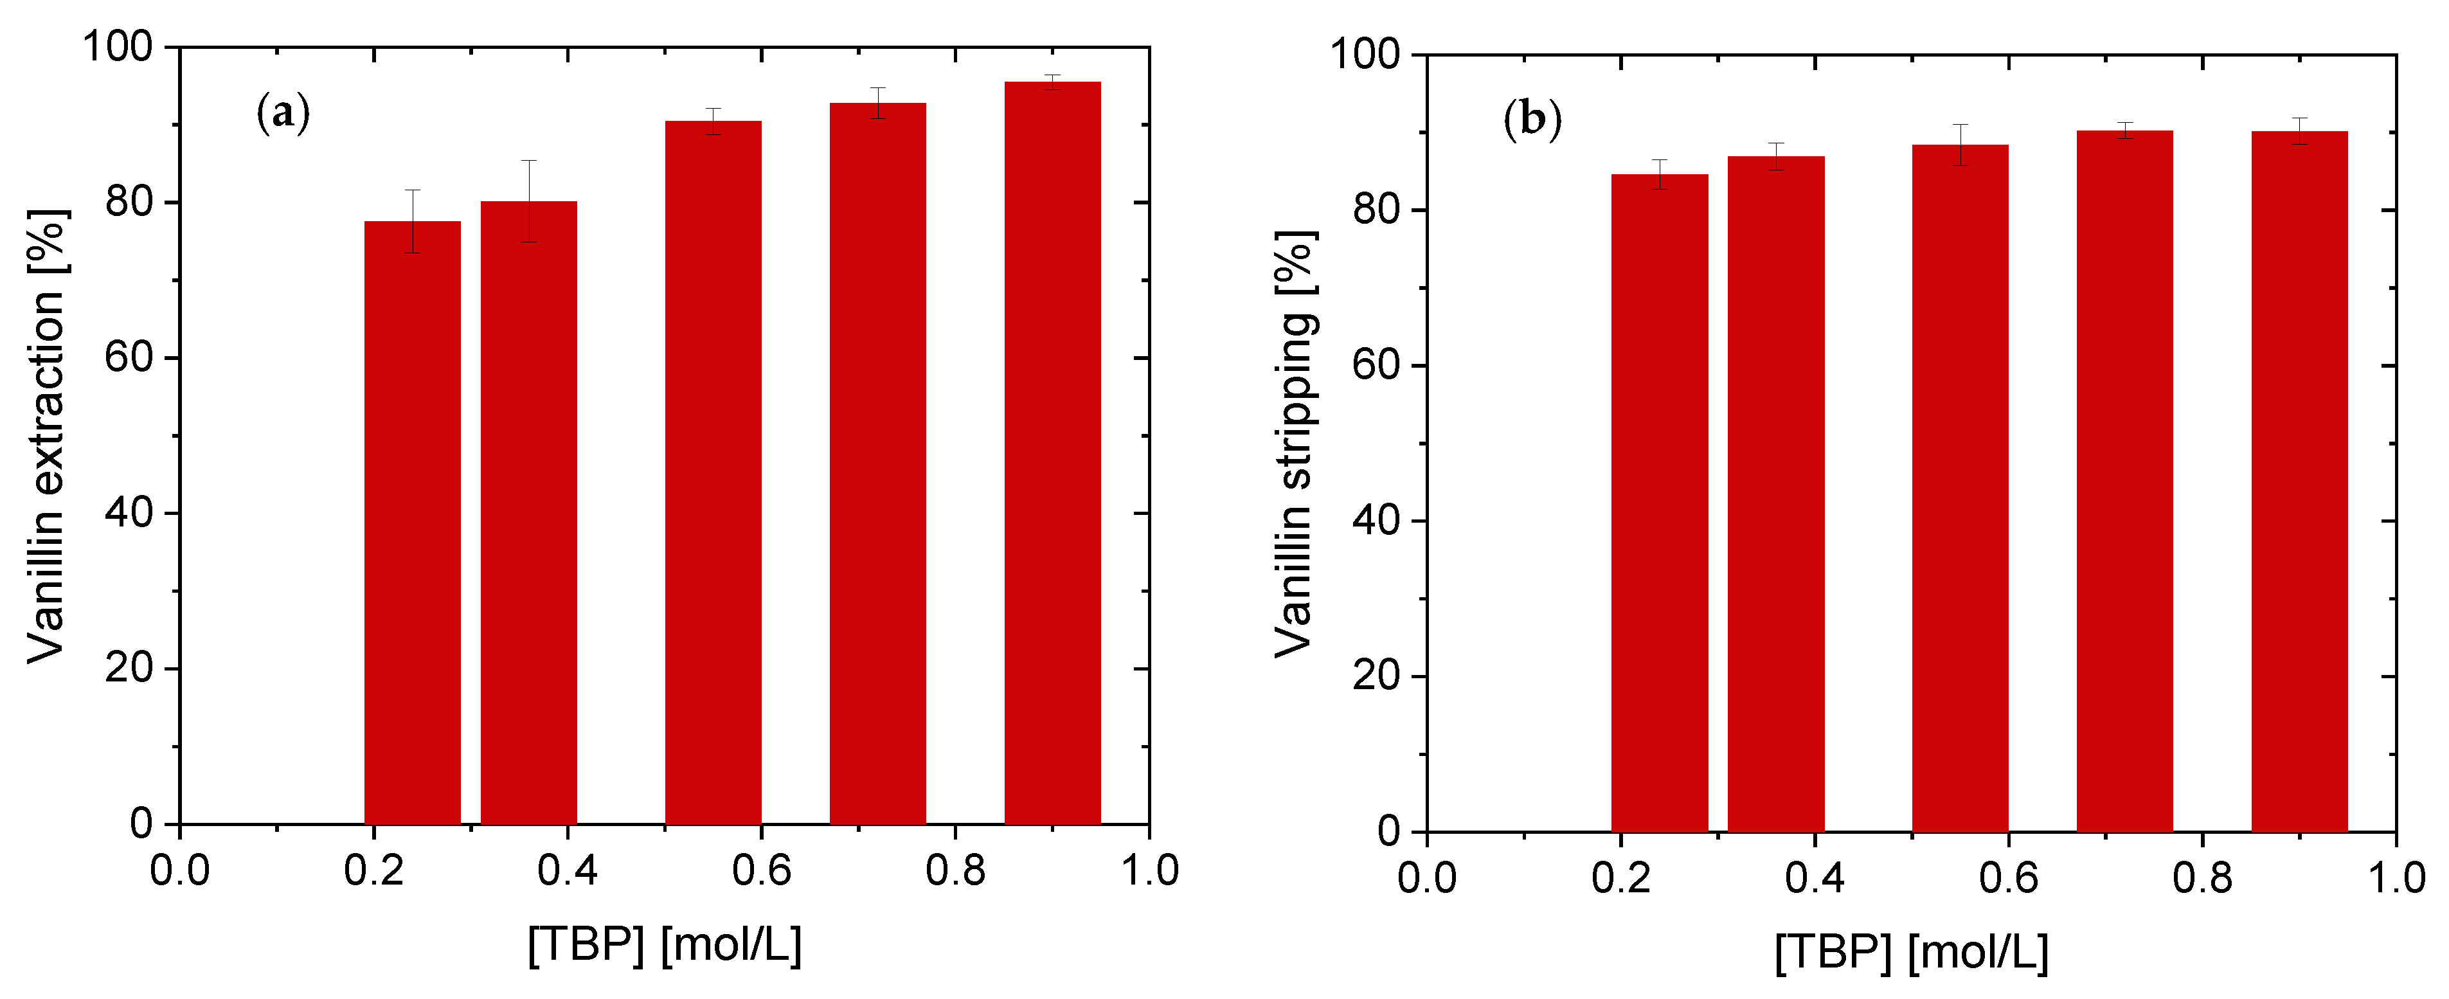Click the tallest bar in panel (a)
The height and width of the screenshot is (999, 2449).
[x=1052, y=456]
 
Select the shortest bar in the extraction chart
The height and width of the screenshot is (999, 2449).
[x=413, y=523]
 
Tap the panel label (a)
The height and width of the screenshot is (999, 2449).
[x=283, y=114]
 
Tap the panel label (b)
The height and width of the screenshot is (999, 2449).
[x=1532, y=121]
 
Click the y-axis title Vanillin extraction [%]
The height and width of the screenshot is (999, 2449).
[x=46, y=437]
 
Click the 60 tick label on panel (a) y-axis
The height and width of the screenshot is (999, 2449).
[x=129, y=358]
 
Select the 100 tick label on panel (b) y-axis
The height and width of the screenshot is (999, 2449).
[x=1365, y=54]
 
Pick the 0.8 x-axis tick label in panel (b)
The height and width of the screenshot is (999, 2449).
[x=2202, y=878]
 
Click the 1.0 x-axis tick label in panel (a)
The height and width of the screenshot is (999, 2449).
[x=1149, y=870]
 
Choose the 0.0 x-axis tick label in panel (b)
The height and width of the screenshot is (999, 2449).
[x=1427, y=878]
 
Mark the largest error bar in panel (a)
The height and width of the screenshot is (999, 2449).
[x=528, y=201]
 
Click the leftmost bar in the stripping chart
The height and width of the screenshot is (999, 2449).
[x=1660, y=504]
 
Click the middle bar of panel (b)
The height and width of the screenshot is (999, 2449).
[x=1960, y=489]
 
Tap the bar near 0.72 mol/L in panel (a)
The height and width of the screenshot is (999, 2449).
[x=877, y=466]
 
